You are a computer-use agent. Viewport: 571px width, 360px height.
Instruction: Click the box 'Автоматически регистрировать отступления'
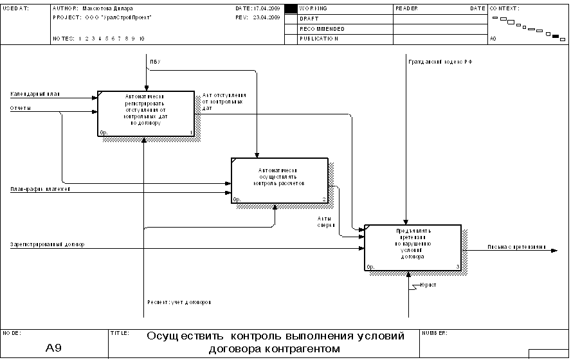click(145, 114)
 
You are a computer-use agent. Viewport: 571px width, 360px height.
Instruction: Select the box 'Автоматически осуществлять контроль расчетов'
click(280, 181)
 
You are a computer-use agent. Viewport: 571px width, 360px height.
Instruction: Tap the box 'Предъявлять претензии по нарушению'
click(412, 248)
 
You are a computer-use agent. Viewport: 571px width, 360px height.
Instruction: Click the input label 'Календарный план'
click(35, 94)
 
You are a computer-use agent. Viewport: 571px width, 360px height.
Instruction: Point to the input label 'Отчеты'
click(21, 108)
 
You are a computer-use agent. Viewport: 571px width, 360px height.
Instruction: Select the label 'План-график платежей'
click(40, 189)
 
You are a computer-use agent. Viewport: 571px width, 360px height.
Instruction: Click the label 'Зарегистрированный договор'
click(47, 244)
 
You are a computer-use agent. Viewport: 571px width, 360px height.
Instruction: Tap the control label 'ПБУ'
click(155, 62)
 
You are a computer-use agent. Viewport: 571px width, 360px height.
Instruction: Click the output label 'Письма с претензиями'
click(516, 247)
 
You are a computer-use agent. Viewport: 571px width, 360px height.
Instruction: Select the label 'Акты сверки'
click(325, 222)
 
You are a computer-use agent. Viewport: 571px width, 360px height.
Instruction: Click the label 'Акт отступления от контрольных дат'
click(224, 102)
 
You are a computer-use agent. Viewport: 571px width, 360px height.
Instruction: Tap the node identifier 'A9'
click(53, 348)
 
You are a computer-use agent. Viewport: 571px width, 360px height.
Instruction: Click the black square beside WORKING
click(291, 8)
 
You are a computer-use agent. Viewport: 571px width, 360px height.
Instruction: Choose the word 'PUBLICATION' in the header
click(319, 39)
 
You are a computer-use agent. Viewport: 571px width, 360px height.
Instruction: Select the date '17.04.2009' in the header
click(267, 8)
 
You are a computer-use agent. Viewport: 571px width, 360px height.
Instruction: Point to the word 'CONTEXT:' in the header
click(504, 8)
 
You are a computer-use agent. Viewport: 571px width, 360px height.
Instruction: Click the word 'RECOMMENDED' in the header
click(322, 29)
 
